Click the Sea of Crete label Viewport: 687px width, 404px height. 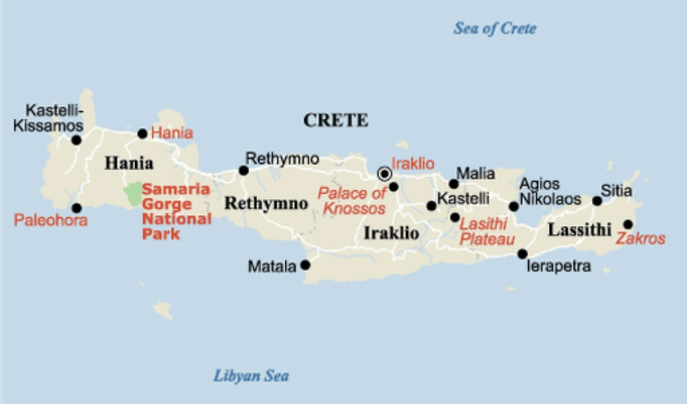click(495, 29)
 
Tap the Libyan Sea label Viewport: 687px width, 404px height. click(251, 376)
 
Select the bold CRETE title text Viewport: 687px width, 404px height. click(336, 121)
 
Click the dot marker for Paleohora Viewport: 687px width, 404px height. click(76, 208)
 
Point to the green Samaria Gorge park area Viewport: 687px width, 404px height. click(132, 194)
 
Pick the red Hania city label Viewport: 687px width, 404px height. click(172, 133)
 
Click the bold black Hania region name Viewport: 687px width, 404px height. click(129, 163)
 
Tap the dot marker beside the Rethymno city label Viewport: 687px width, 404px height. click(243, 171)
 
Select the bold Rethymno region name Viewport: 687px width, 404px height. click(266, 203)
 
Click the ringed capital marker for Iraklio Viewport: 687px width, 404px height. click(384, 174)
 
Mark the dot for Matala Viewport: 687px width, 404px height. click(305, 265)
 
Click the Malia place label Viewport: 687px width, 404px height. click(475, 174)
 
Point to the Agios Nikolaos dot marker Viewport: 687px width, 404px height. click(513, 206)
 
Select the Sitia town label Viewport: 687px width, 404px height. click(617, 192)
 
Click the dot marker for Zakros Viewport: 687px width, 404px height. click(627, 225)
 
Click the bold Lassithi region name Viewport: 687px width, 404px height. click(579, 230)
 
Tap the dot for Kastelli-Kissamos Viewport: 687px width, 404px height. click(76, 140)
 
